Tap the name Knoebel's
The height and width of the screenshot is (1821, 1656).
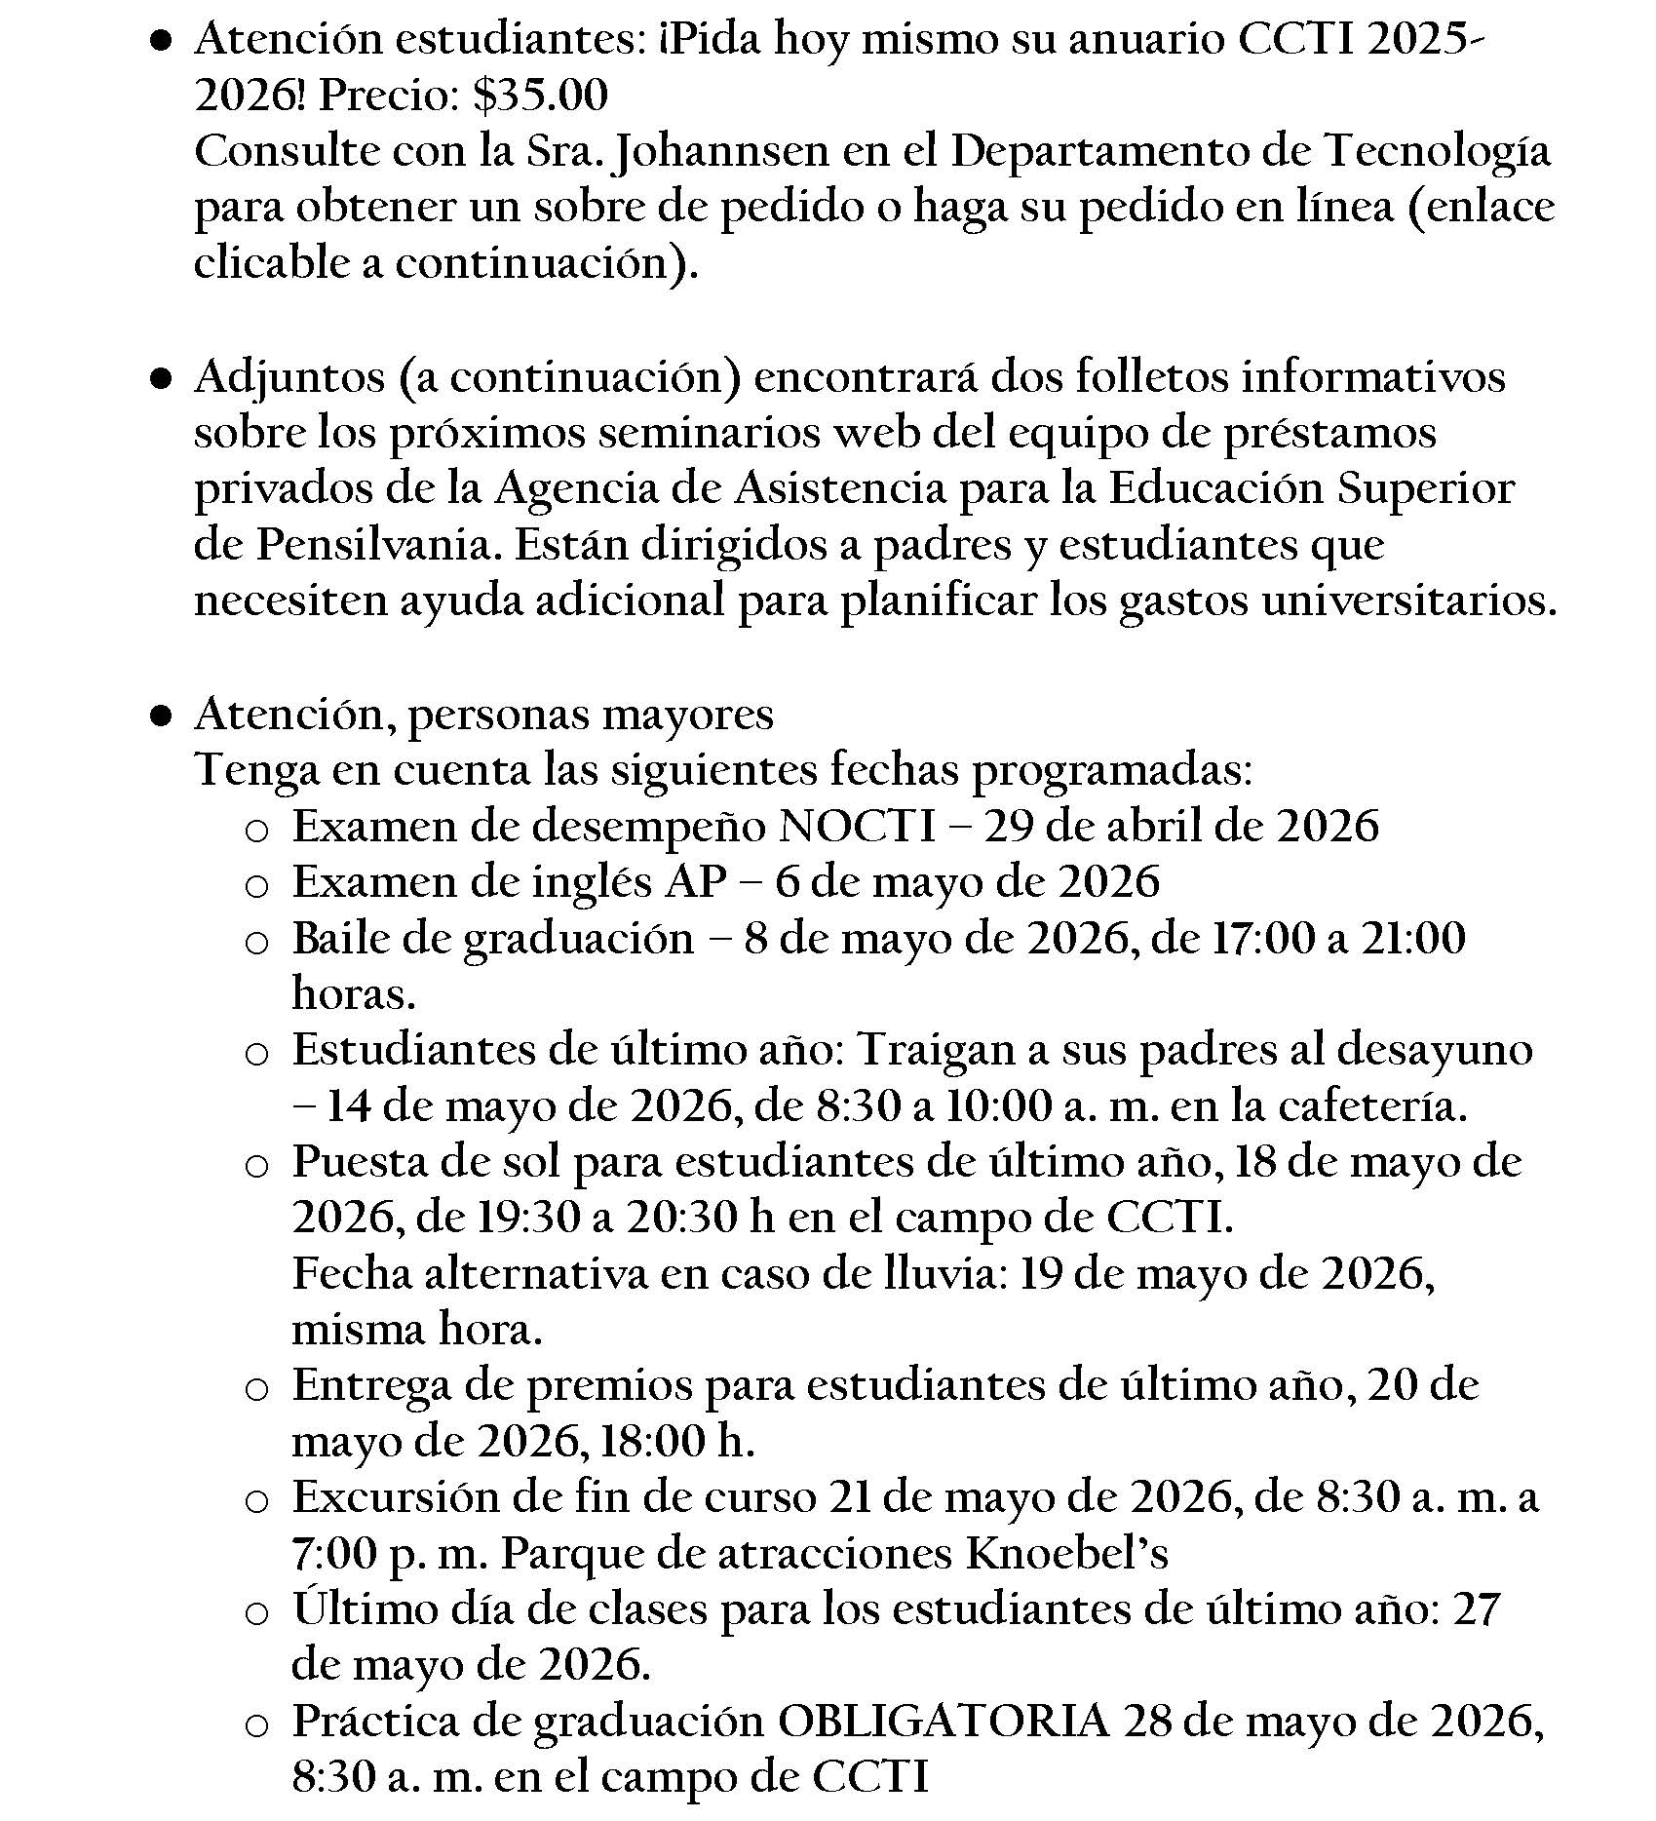pyautogui.click(x=1066, y=1554)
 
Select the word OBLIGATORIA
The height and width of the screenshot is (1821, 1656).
pyautogui.click(x=943, y=1722)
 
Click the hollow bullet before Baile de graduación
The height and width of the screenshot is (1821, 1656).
pyautogui.click(x=255, y=943)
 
